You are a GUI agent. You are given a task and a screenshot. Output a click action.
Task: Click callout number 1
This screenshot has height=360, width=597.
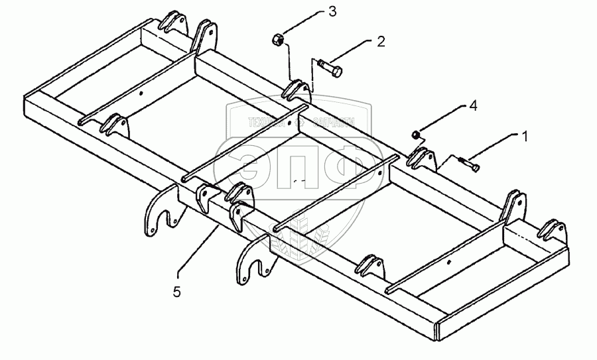pyautogui.click(x=525, y=137)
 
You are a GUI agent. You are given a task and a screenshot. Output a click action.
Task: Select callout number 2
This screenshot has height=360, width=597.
pyautogui.click(x=381, y=42)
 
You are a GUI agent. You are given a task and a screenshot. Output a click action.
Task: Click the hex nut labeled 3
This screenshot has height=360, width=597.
pyautogui.click(x=279, y=41)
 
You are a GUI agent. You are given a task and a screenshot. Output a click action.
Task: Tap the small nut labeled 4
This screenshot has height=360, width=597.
pyautogui.click(x=416, y=135)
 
